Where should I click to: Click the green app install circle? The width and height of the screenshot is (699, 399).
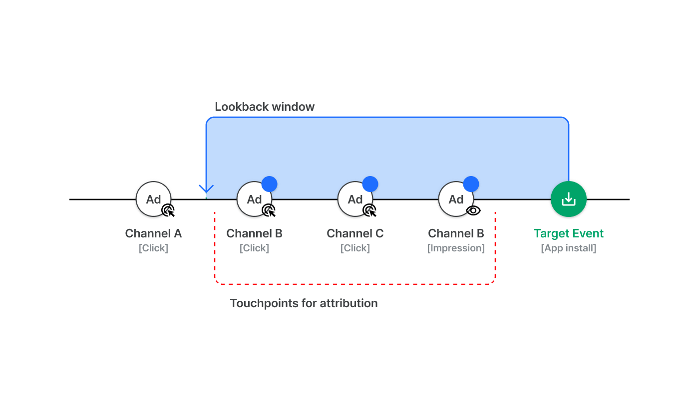tap(569, 199)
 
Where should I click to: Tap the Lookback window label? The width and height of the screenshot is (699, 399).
tap(265, 107)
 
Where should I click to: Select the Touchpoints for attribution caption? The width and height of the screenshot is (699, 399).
tap(304, 303)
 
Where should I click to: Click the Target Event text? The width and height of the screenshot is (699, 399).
tap(569, 233)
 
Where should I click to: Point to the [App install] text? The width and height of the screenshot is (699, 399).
tap(569, 248)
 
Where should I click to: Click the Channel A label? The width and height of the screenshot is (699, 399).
tap(153, 233)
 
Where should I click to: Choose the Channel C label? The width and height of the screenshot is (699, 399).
tap(355, 233)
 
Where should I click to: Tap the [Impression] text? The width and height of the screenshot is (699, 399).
tap(456, 248)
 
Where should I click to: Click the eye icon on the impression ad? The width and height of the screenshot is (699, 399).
tap(473, 210)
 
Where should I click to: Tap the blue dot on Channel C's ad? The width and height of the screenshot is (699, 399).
tap(370, 184)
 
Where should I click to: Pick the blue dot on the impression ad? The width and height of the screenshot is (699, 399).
tap(471, 184)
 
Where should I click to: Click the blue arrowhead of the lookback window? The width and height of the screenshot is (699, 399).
tap(206, 190)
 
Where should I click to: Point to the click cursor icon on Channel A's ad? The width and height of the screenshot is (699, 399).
tap(168, 210)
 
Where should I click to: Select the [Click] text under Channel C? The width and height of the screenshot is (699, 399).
tap(355, 248)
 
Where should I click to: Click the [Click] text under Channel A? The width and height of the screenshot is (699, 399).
tap(154, 248)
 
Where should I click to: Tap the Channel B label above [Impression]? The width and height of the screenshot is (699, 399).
tap(456, 233)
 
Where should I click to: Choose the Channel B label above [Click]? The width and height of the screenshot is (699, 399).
tap(254, 233)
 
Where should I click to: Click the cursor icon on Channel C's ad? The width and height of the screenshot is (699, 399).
tap(370, 210)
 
